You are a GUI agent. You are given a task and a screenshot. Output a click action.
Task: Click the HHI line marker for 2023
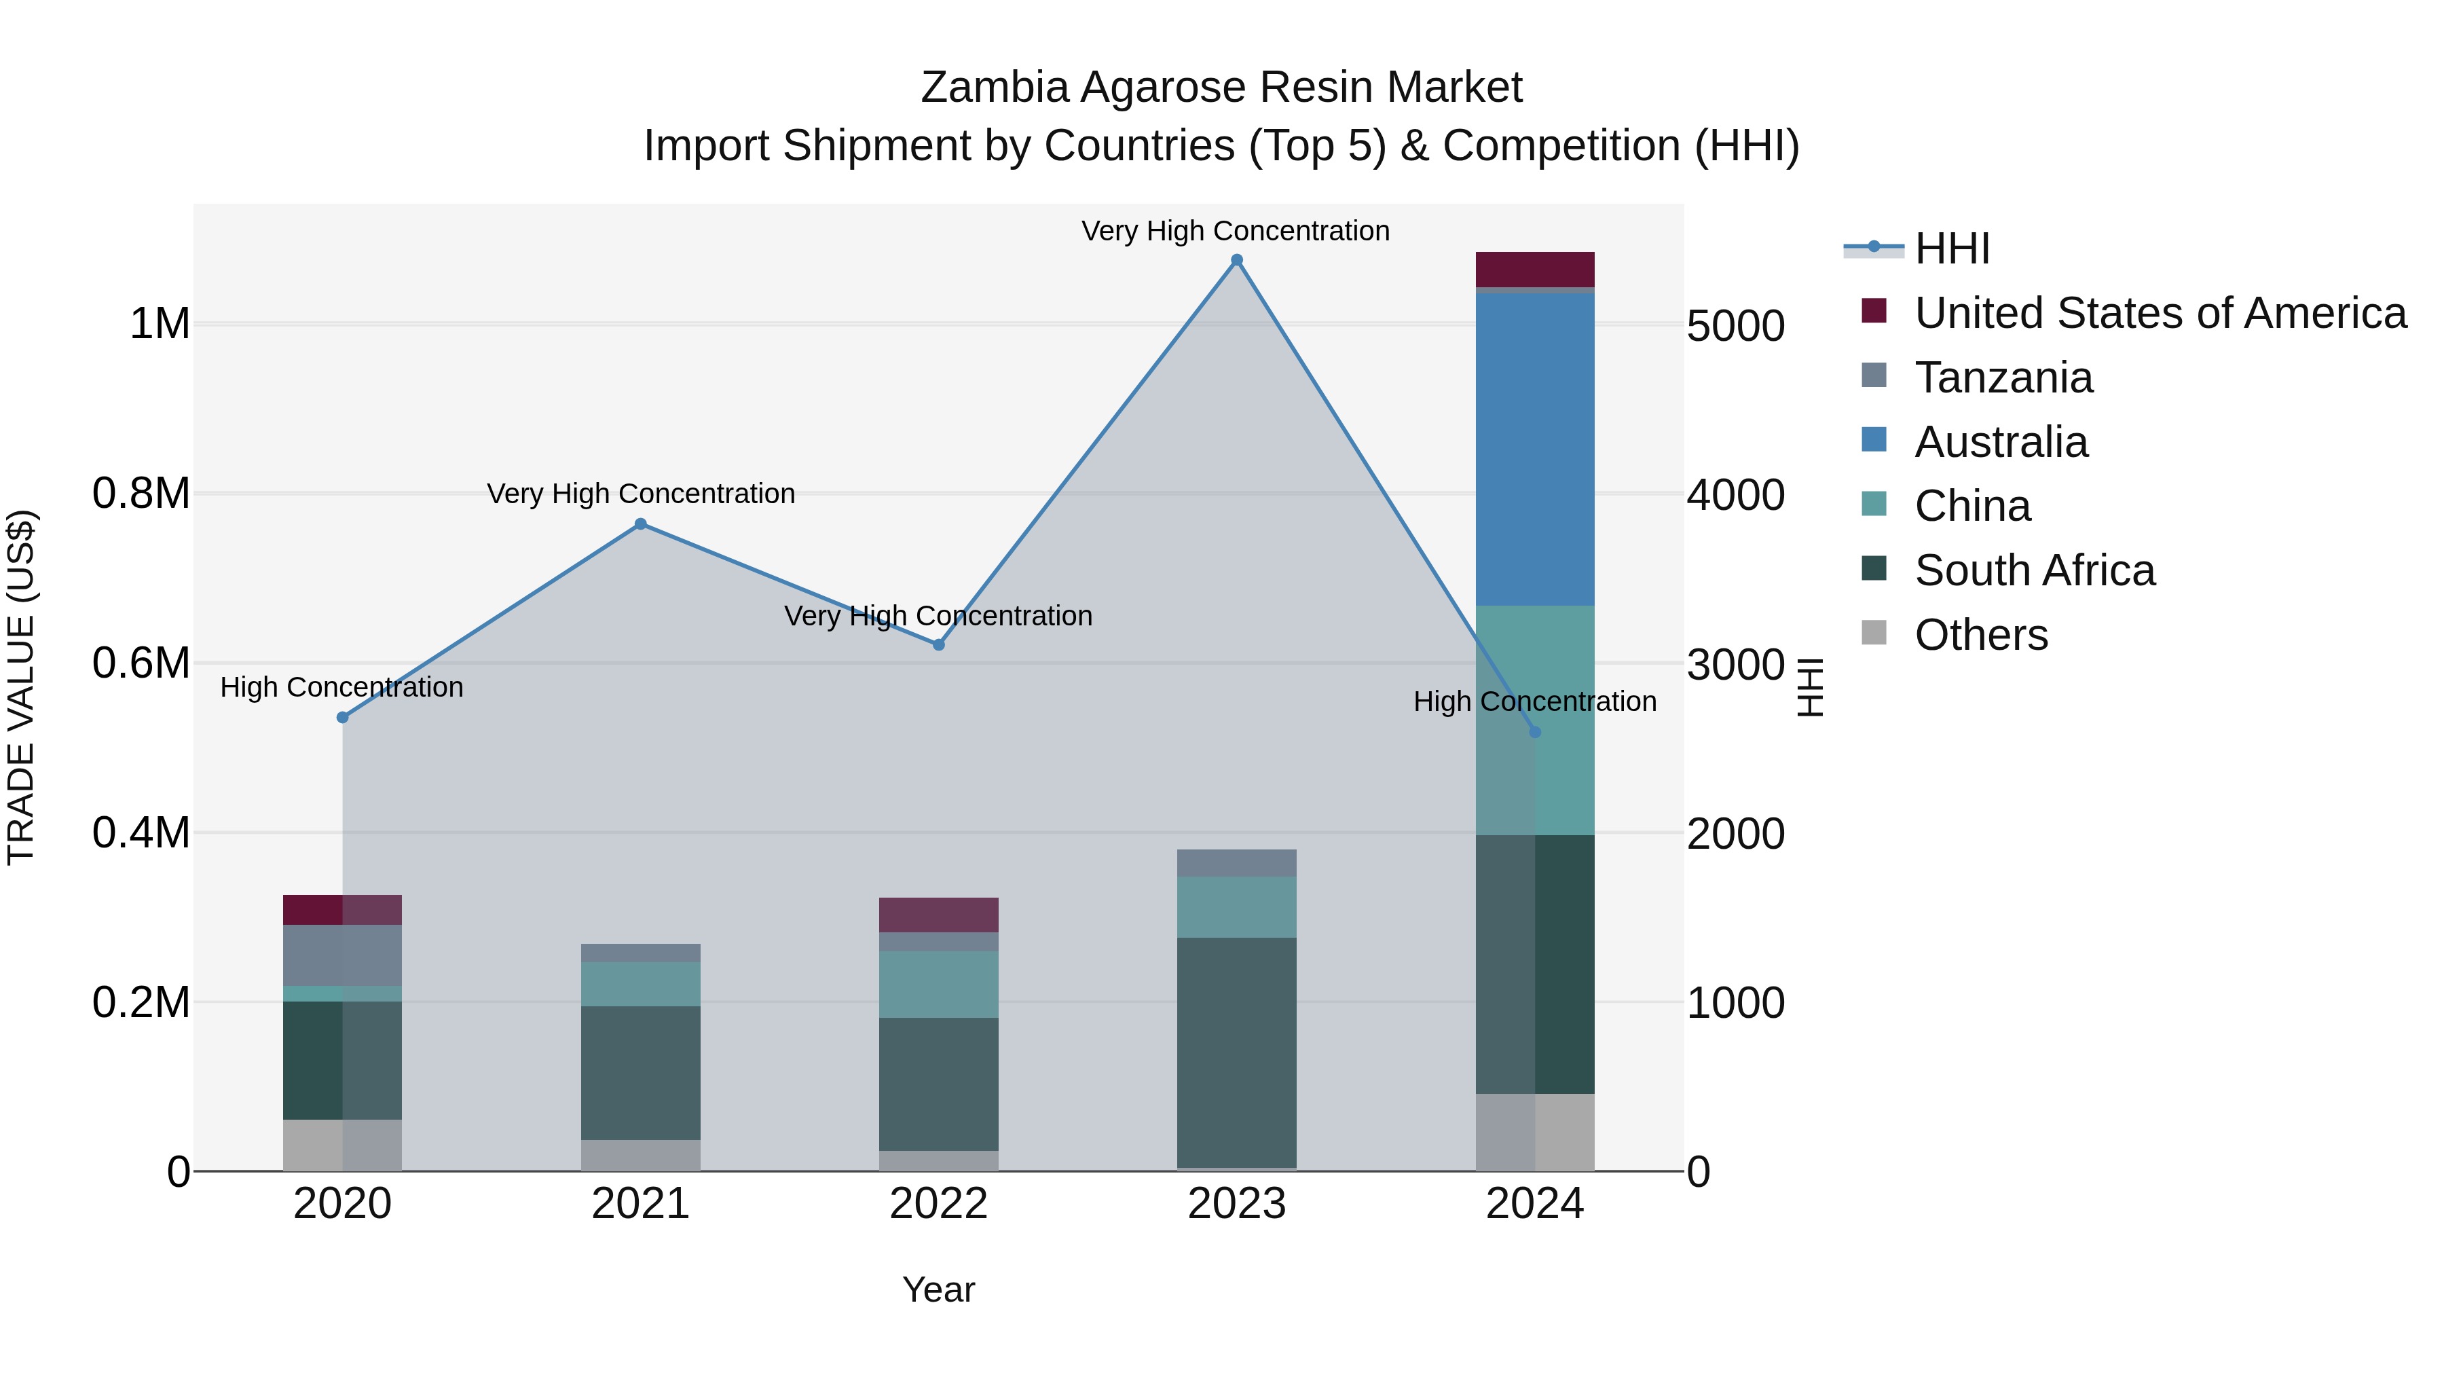tap(1236, 260)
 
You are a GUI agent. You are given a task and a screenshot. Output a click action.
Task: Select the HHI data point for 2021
tap(640, 524)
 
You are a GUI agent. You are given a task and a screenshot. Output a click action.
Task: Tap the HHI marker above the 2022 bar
tap(938, 644)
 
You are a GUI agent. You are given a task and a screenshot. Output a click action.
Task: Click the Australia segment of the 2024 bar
tap(1534, 449)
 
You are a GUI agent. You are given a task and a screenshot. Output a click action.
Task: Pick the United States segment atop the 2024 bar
tap(1534, 270)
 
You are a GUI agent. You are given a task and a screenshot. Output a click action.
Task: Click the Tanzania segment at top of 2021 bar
tap(640, 953)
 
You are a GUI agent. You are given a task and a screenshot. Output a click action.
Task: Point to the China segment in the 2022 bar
tap(938, 984)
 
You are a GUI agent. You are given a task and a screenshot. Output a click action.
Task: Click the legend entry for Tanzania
tap(2003, 378)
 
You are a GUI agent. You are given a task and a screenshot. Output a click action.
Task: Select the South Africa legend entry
tap(2034, 570)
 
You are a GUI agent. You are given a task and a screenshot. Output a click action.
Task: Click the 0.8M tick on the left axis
tap(141, 494)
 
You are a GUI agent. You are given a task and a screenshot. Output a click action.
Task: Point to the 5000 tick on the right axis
tap(1735, 325)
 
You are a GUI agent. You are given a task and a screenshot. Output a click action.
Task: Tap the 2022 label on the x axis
tap(938, 1204)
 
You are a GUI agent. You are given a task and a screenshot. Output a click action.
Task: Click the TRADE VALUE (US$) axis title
tap(21, 687)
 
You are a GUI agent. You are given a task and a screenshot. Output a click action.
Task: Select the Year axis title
tap(938, 1289)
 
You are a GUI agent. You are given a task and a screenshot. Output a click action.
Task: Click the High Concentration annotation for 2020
tap(341, 687)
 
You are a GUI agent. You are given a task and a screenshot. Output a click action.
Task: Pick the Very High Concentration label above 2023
tap(1236, 231)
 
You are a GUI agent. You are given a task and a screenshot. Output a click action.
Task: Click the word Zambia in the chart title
tap(995, 88)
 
